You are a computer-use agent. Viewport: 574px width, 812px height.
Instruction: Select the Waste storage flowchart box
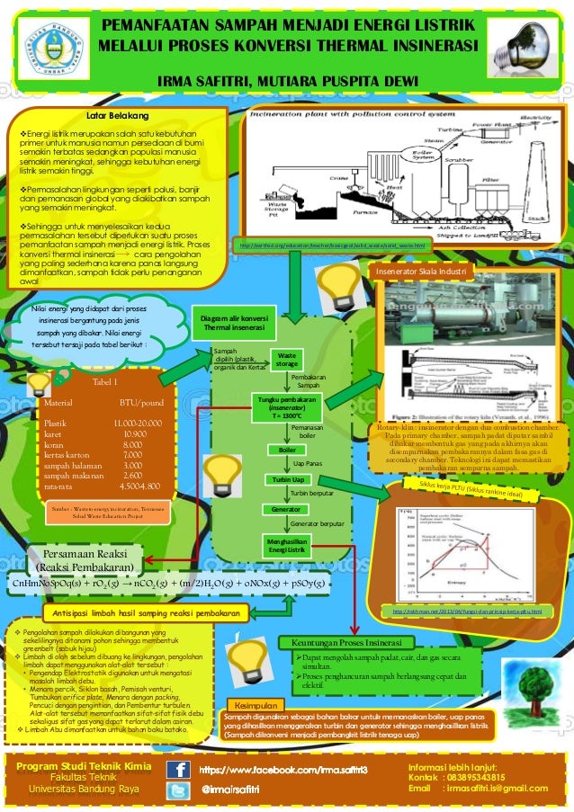click(287, 360)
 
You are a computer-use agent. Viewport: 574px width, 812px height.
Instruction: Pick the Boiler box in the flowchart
click(287, 450)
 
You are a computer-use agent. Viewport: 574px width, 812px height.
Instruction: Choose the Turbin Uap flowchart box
click(287, 480)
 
